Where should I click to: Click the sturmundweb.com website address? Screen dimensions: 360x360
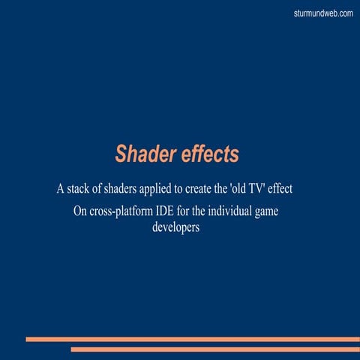pyautogui.click(x=324, y=13)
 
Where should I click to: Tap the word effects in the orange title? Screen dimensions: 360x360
pyautogui.click(x=210, y=154)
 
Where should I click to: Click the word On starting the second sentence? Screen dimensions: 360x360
pyautogui.click(x=81, y=211)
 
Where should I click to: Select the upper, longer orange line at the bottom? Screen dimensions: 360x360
pyautogui.click(x=193, y=339)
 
